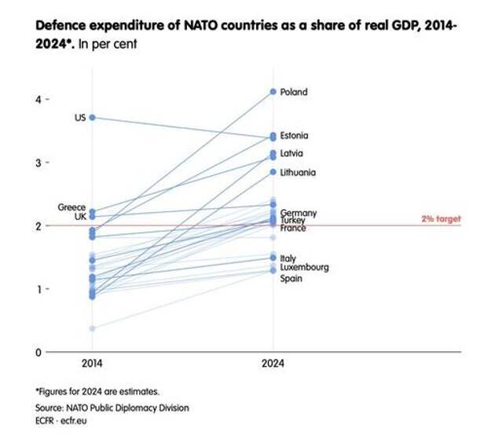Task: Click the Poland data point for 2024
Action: tap(273, 92)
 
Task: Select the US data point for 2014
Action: tap(92, 117)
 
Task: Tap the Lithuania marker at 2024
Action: tap(273, 172)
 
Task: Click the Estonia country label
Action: tap(295, 136)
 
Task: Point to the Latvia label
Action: tap(291, 153)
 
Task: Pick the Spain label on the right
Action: tap(291, 278)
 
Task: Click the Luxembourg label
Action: tap(304, 267)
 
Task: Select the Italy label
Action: tap(287, 258)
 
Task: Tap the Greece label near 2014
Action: tap(71, 207)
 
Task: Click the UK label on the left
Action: tap(80, 216)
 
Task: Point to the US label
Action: tap(80, 118)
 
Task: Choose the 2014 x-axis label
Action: tap(92, 366)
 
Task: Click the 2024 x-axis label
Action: tap(273, 366)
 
